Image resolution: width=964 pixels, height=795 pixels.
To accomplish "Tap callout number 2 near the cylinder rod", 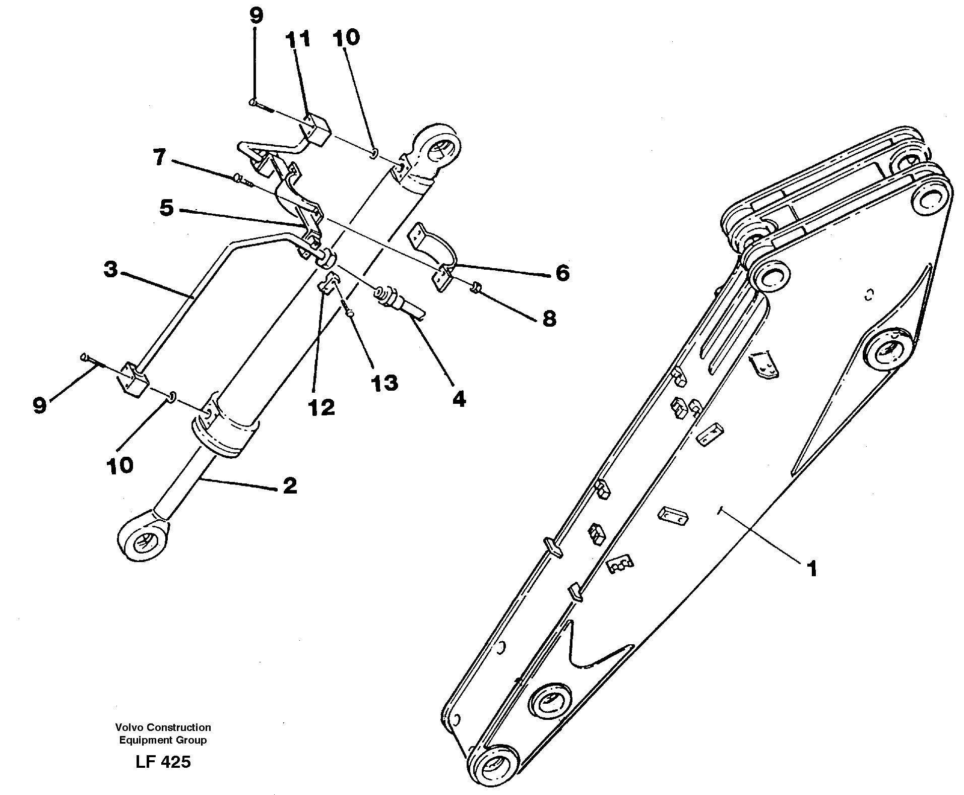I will (x=290, y=485).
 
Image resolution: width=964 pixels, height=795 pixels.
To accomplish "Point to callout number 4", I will (x=459, y=399).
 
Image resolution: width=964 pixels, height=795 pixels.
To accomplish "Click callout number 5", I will (x=166, y=208).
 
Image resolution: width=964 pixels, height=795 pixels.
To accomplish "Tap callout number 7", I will (x=159, y=158).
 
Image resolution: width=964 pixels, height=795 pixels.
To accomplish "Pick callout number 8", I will (x=549, y=318).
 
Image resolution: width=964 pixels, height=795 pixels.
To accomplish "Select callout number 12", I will (x=322, y=407).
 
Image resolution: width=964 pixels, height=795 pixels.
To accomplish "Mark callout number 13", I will (x=384, y=383).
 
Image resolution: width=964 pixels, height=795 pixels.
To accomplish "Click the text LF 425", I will (x=163, y=762).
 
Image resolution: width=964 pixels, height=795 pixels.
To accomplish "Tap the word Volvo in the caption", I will (x=126, y=727).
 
